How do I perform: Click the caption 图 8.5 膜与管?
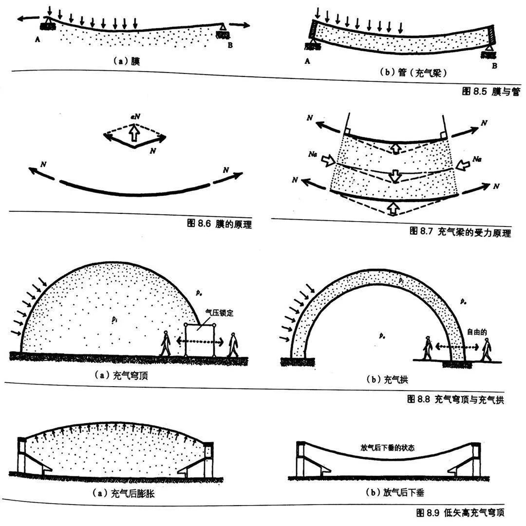488,91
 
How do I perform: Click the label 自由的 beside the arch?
477,332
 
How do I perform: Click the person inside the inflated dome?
166,344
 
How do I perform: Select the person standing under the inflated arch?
427,348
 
